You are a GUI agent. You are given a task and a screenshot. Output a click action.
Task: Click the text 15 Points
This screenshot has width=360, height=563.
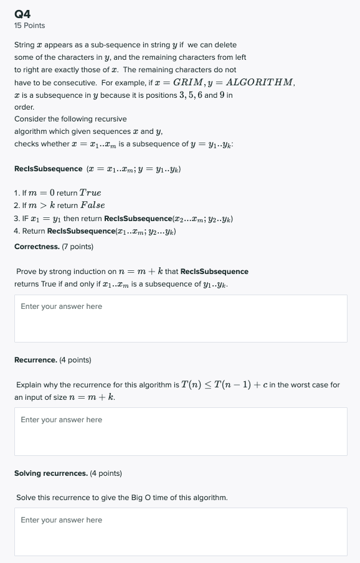point(29,26)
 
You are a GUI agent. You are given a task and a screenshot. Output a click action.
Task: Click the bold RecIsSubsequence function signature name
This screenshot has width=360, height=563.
point(49,169)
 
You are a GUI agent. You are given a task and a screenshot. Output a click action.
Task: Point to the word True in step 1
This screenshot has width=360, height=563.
point(90,193)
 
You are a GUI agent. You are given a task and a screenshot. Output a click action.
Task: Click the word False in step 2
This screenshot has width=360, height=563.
point(93,205)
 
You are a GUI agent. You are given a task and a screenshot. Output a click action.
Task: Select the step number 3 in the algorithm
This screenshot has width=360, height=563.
point(16,219)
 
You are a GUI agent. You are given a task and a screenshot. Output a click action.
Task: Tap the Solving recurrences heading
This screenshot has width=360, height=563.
point(51,473)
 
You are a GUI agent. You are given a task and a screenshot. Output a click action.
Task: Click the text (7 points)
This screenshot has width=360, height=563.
point(77,247)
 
